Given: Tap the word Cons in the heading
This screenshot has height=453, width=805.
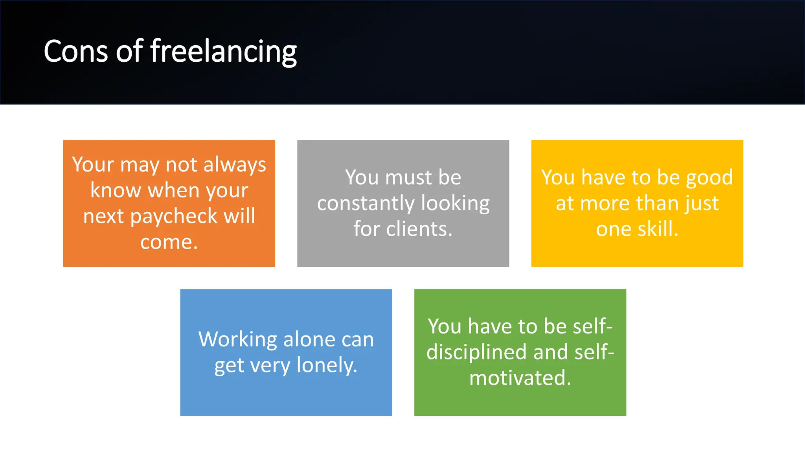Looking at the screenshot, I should tap(75, 52).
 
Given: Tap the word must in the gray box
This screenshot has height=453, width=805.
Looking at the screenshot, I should tap(408, 178).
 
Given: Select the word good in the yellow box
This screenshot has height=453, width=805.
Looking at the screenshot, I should tap(709, 178).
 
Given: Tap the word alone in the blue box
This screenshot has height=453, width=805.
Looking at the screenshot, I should tap(309, 339).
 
